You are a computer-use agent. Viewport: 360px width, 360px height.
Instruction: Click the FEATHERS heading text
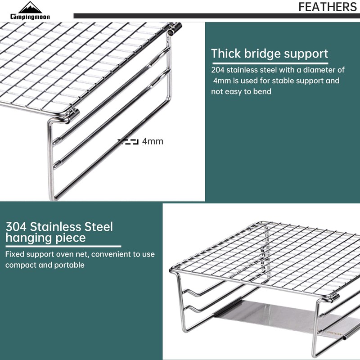[328, 7]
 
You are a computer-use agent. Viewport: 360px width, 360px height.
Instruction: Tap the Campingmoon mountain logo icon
[30, 7]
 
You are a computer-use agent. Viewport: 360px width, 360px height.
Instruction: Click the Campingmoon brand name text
[30, 17]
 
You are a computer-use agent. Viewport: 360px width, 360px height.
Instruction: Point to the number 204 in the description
[217, 70]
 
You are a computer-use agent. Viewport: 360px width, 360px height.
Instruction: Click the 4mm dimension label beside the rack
[153, 141]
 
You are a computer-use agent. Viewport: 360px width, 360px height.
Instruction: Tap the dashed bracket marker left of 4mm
[128, 142]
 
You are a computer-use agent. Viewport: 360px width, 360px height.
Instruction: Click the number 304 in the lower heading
[16, 227]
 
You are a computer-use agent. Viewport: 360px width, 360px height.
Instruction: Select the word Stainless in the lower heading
[56, 227]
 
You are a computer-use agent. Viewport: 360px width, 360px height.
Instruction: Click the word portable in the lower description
[69, 265]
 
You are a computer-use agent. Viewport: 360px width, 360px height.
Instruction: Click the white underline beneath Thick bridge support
[270, 63]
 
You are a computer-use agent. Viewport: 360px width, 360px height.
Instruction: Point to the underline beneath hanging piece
[63, 246]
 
